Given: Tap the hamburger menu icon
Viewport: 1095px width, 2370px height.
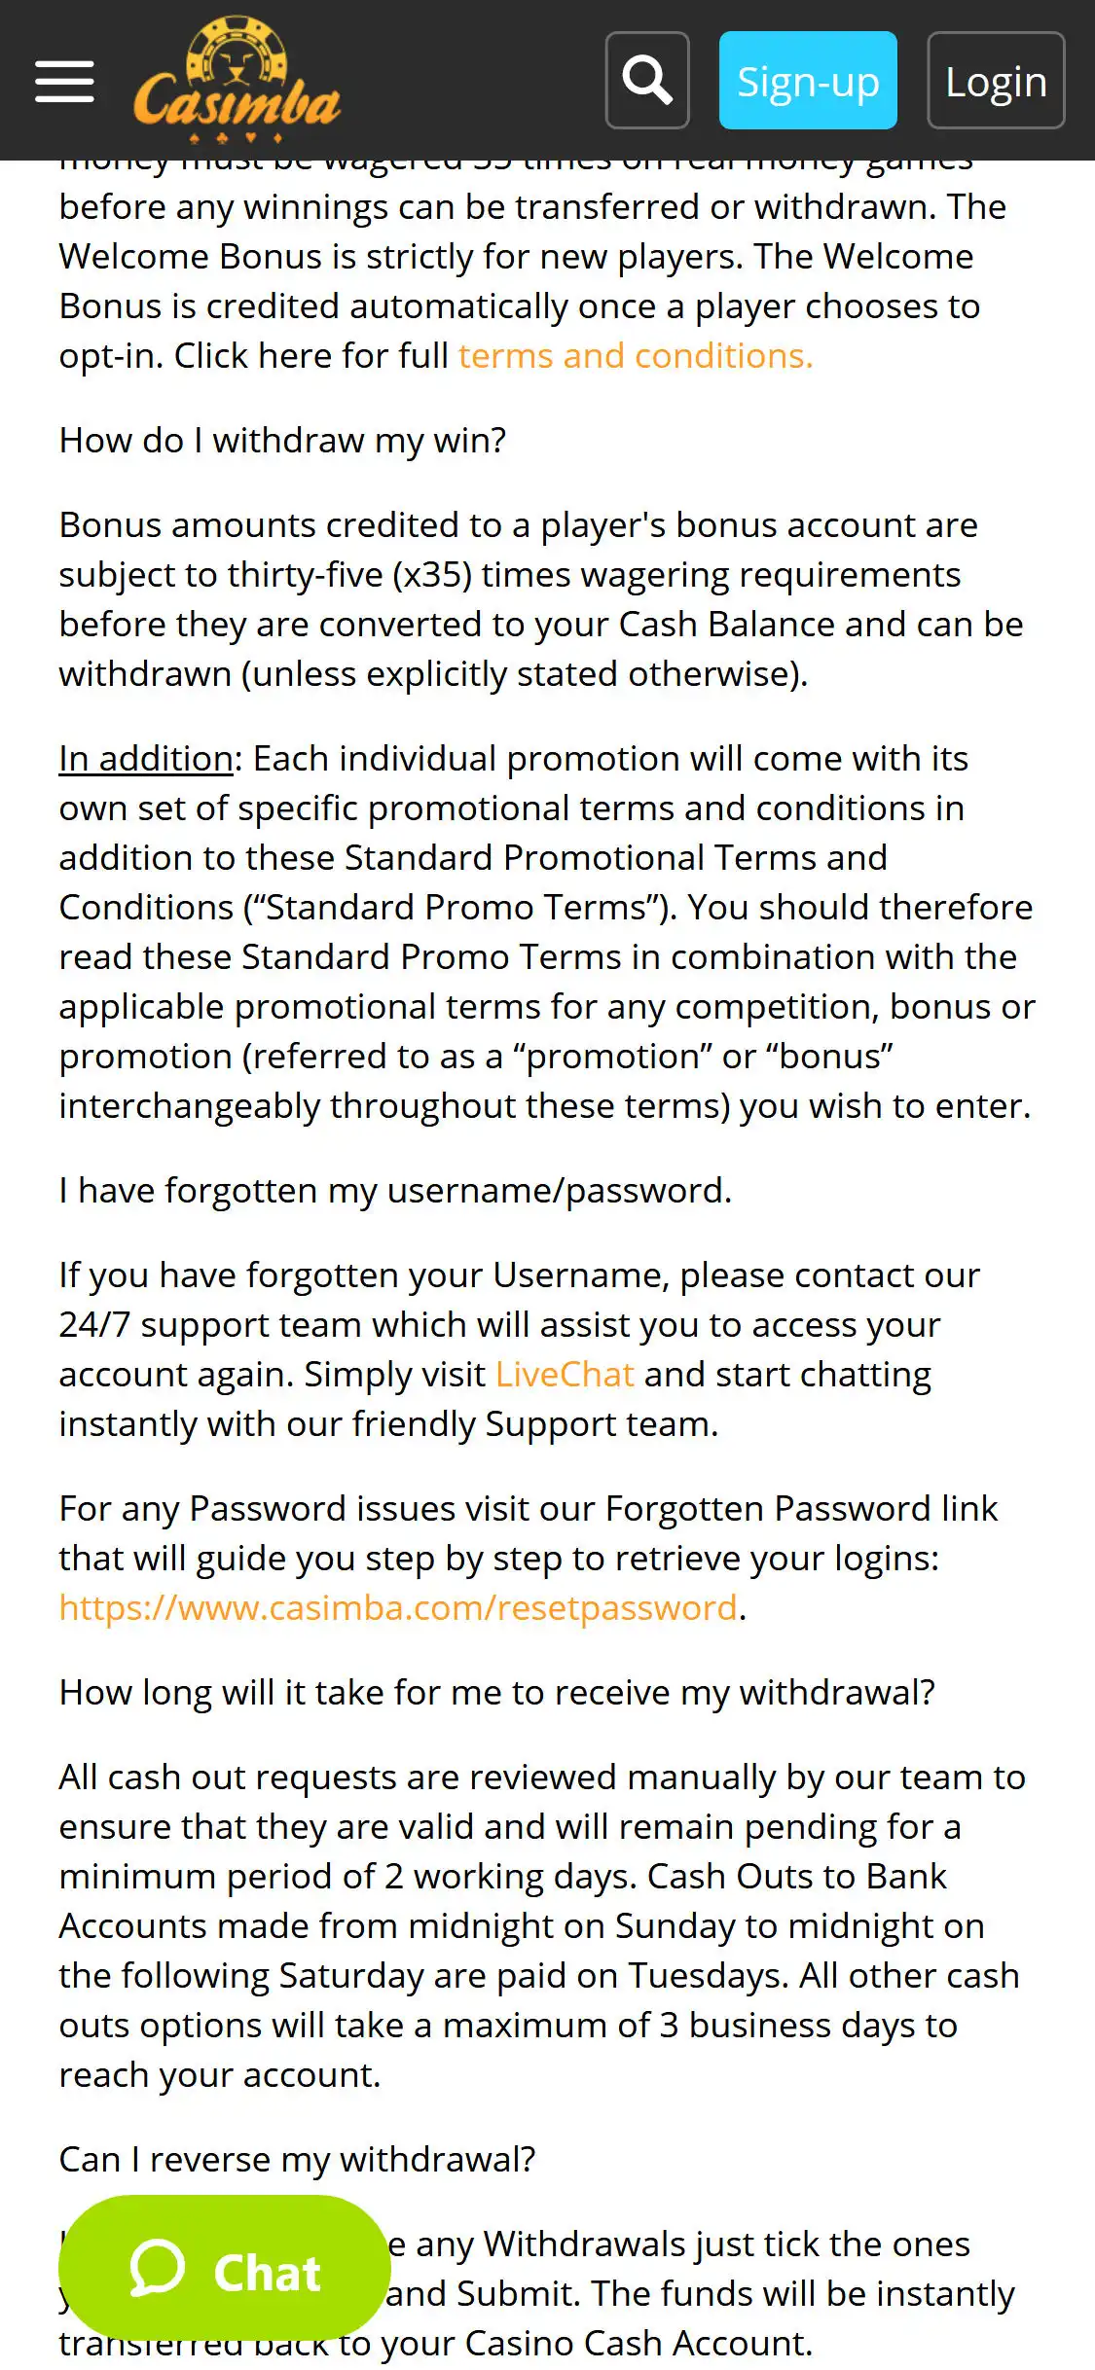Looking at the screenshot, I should (64, 81).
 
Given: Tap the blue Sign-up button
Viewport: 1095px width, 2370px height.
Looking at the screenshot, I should (808, 81).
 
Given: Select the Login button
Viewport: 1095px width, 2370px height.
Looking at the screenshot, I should (996, 81).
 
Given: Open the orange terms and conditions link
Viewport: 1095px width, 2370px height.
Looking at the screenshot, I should (635, 356).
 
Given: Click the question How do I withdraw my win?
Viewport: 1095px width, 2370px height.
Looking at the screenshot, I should (282, 441).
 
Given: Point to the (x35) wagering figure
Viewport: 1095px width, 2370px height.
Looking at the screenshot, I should (432, 575).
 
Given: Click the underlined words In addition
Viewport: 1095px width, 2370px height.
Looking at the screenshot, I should (146, 759).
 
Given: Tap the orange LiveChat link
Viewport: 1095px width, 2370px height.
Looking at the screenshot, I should (565, 1375).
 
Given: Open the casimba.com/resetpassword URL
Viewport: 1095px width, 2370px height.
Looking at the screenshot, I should (398, 1608).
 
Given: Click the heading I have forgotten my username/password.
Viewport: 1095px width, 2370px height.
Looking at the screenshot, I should (395, 1191).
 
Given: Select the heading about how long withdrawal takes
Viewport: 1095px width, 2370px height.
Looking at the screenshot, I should (496, 1693).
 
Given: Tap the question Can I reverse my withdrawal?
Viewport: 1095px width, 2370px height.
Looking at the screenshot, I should (297, 2160).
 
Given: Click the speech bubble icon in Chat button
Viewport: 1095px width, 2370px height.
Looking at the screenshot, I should (158, 2269).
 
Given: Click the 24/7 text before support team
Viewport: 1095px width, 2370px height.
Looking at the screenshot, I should (94, 1325).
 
